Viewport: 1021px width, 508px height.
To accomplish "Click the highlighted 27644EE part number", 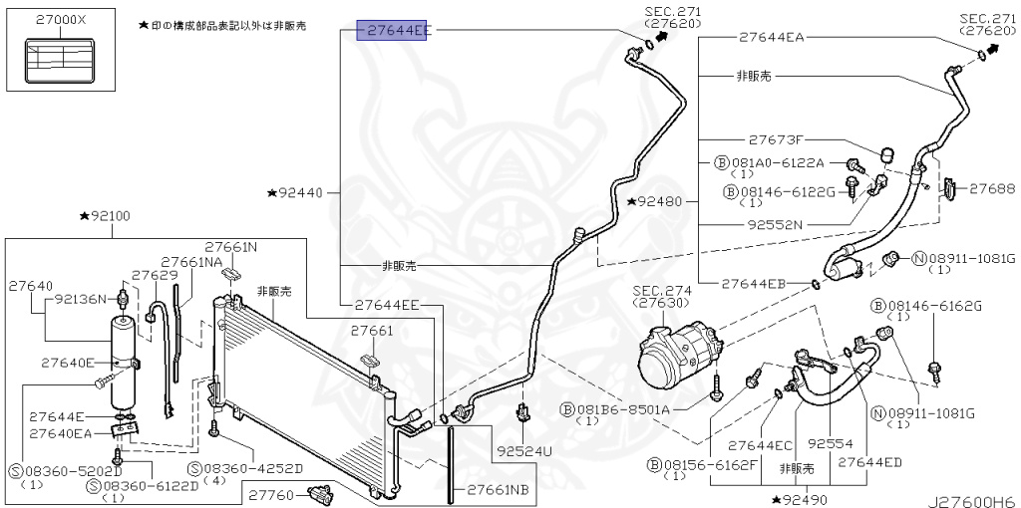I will point(396,31).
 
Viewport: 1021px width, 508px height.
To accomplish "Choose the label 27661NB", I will point(492,490).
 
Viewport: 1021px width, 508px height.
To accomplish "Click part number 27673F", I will point(775,139).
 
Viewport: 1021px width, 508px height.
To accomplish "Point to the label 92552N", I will point(775,224).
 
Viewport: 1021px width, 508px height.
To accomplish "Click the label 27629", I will point(154,274).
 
